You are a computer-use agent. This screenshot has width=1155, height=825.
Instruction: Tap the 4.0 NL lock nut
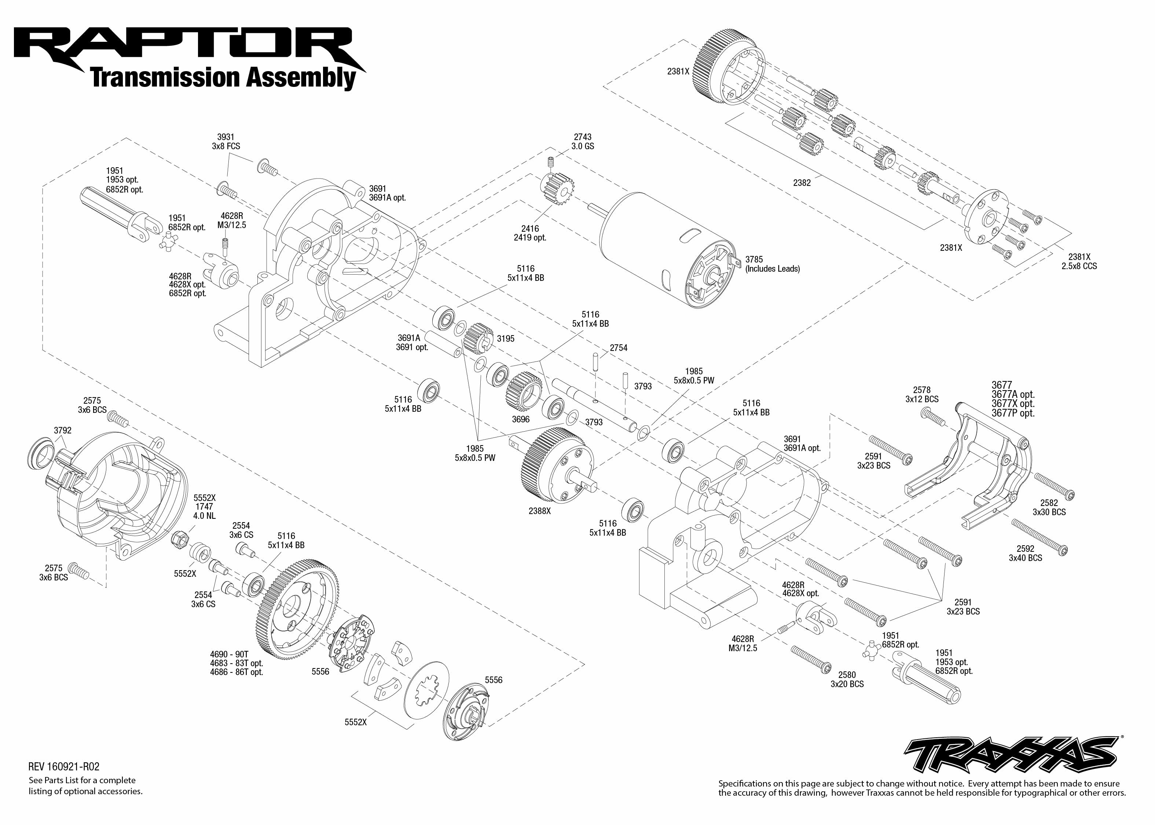coord(180,537)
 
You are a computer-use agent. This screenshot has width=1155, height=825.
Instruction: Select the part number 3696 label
coord(521,419)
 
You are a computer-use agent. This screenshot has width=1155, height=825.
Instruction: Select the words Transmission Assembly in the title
coord(223,78)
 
